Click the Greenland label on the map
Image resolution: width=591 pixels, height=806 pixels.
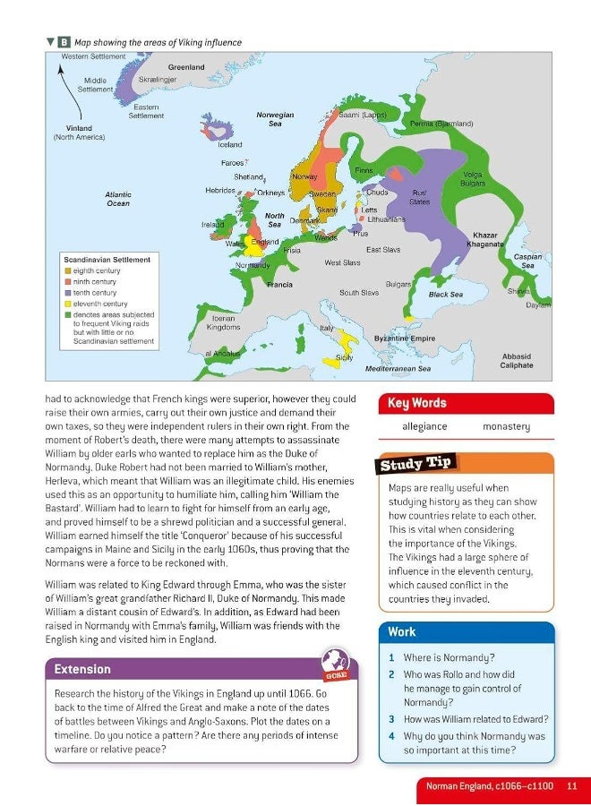(x=186, y=67)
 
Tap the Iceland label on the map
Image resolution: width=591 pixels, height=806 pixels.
(x=230, y=144)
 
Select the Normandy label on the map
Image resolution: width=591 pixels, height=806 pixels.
(x=253, y=266)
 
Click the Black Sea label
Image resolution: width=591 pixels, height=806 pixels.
(x=445, y=294)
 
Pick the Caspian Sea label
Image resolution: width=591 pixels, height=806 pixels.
(x=527, y=261)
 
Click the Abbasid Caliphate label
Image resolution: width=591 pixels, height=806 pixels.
(x=516, y=361)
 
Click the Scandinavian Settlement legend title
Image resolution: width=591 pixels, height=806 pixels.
(x=107, y=260)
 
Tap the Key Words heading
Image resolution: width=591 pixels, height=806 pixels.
(x=416, y=403)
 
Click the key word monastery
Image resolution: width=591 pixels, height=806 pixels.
(x=506, y=427)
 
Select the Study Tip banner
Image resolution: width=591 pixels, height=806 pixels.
(x=417, y=464)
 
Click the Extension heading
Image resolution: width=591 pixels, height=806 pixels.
(x=82, y=669)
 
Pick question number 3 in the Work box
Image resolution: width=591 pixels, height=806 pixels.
(x=392, y=719)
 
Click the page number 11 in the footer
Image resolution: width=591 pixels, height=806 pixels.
(x=571, y=785)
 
